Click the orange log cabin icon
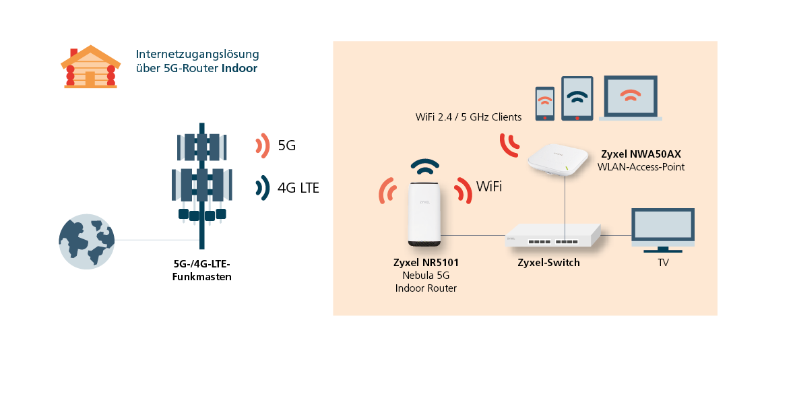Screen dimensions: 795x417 (91, 67)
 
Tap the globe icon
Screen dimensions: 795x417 (87, 241)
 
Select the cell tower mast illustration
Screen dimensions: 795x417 (202, 186)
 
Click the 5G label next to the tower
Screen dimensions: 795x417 (286, 146)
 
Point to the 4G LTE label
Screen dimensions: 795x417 (298, 188)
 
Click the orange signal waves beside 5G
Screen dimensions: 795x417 (263, 146)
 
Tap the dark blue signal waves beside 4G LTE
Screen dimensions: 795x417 (263, 188)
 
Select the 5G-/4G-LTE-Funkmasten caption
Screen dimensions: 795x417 (202, 270)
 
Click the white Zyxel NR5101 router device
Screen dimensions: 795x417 (424, 214)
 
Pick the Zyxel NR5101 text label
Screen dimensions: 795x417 (426, 263)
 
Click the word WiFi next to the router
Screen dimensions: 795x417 (488, 187)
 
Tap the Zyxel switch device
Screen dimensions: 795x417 (553, 236)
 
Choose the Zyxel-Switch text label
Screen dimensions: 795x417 (548, 263)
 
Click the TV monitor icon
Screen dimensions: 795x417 (663, 230)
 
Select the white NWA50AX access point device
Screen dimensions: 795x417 (558, 159)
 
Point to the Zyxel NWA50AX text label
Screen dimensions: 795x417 (641, 154)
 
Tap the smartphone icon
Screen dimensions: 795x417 (545, 103)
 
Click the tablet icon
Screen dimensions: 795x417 (577, 98)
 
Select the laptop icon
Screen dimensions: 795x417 (631, 98)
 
